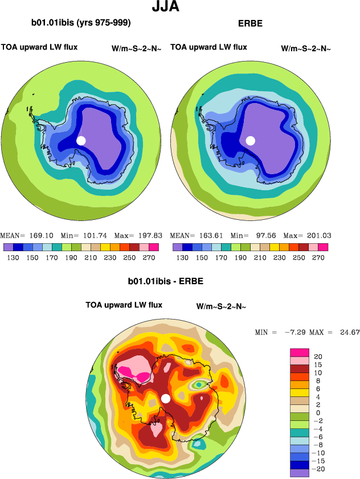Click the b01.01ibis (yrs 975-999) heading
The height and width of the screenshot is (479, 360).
(x=81, y=23)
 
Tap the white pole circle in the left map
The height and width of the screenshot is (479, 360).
(x=81, y=140)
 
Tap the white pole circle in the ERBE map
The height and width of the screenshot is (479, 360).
(x=250, y=140)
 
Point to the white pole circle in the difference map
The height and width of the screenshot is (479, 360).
(x=166, y=398)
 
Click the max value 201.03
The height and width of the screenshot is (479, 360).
(x=319, y=235)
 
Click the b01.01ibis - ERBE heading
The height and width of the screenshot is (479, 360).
(x=165, y=281)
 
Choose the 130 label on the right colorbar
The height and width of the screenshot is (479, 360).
(x=182, y=257)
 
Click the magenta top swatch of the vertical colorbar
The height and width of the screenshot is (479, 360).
(x=300, y=352)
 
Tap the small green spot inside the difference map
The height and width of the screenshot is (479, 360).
(x=198, y=385)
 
